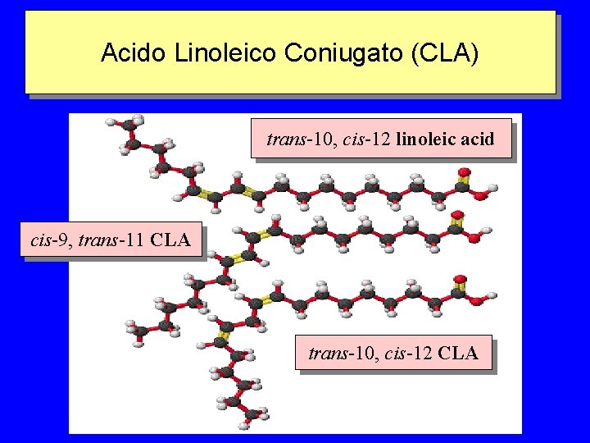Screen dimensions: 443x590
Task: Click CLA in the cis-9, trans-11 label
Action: tap(171, 240)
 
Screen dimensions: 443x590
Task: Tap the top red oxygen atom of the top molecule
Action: tap(464, 173)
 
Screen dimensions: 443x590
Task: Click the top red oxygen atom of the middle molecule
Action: tap(456, 217)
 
